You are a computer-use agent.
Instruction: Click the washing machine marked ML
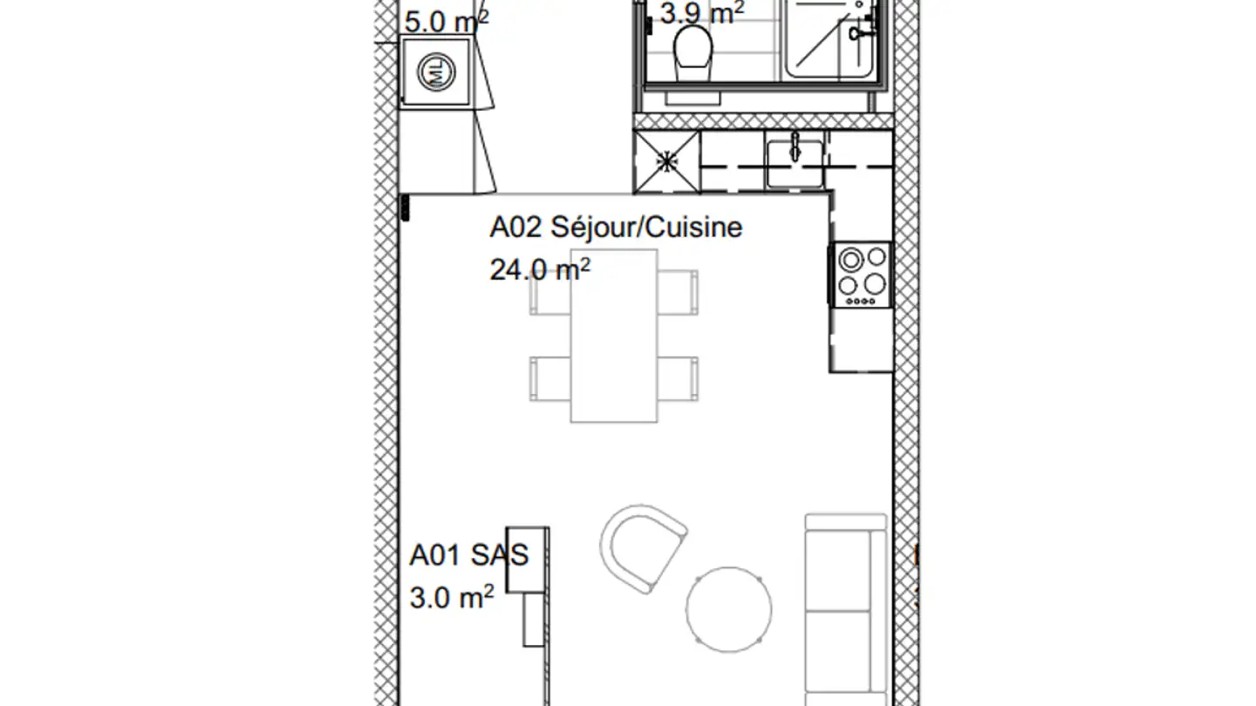(439, 71)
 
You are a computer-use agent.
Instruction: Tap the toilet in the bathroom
(694, 48)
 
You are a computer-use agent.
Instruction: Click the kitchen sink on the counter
(795, 160)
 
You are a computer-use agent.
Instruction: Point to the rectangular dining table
(613, 336)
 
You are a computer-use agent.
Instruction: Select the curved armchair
(644, 546)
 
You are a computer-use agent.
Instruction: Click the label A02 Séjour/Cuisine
(615, 227)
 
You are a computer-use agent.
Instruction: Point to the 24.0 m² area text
(540, 269)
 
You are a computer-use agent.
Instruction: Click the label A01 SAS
(469, 555)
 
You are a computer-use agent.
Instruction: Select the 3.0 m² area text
(452, 598)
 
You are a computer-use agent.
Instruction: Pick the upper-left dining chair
(549, 292)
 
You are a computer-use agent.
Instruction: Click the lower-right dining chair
(679, 378)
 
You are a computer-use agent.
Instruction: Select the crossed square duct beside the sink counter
(666, 160)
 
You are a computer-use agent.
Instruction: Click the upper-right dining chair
(679, 292)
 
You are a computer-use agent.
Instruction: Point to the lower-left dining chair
(549, 378)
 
